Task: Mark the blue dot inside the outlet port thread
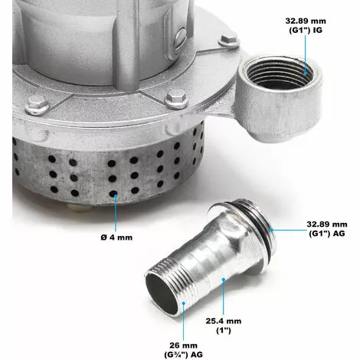pos(306,71)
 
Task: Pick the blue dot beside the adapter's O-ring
pos(273,228)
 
